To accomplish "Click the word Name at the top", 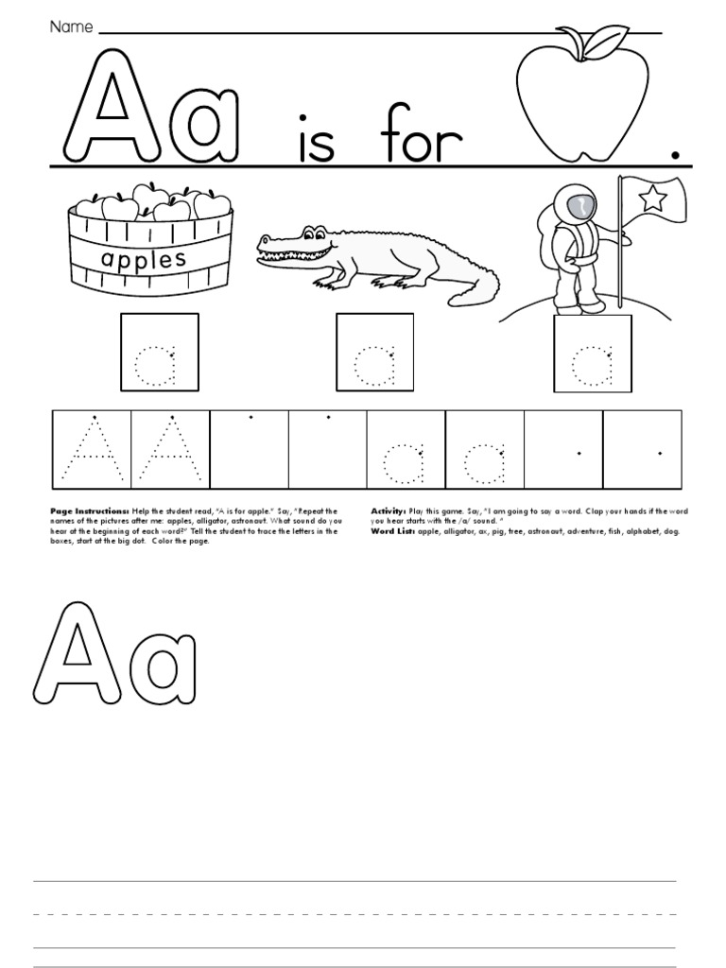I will [x=71, y=27].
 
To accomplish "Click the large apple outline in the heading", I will [x=581, y=95].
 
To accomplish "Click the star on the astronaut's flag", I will [x=653, y=199].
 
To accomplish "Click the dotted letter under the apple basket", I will [x=159, y=367].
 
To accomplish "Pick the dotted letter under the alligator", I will [x=375, y=367].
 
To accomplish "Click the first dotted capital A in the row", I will [x=92, y=448].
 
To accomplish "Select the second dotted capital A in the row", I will [x=170, y=448].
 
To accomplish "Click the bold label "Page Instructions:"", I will [x=89, y=511].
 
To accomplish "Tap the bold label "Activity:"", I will [x=388, y=511].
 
